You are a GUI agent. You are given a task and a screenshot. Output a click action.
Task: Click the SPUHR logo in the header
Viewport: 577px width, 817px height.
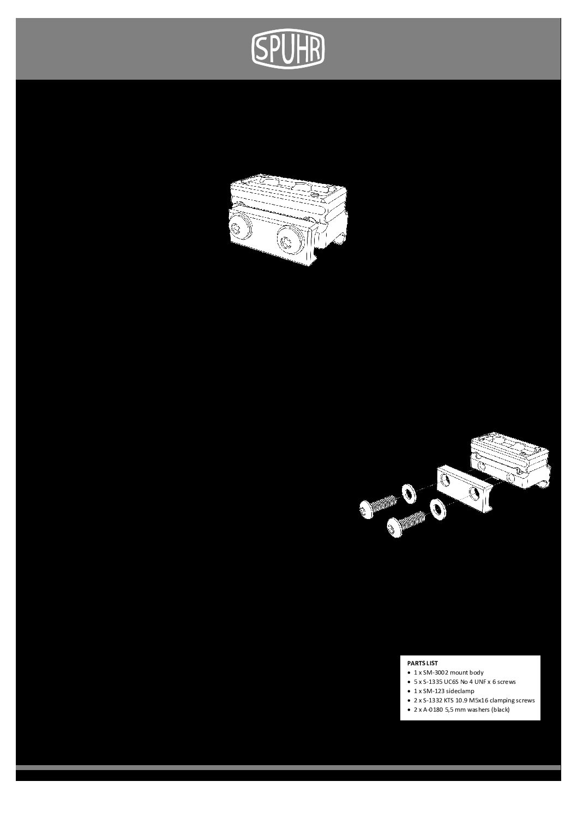(288, 49)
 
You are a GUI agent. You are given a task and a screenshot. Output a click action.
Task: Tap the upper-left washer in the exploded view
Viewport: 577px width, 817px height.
(408, 493)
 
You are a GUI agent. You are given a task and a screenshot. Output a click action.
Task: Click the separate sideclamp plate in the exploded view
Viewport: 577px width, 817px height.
(464, 488)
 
